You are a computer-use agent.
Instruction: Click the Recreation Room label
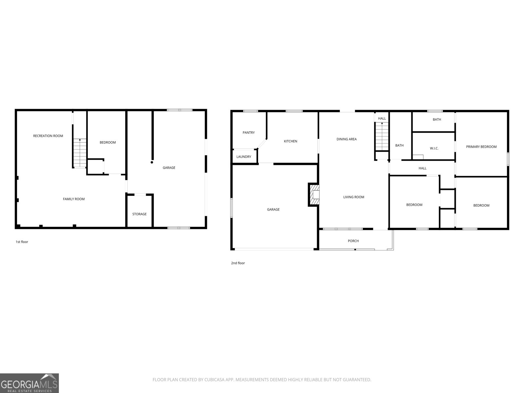click(48, 136)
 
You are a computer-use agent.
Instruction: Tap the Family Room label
click(74, 199)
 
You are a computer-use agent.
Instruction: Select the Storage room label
click(139, 214)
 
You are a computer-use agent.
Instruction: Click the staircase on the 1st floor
click(80, 153)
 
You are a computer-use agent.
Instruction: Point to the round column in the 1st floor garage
click(152, 162)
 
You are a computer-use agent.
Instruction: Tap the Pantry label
click(249, 133)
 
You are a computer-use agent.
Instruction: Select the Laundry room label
click(244, 157)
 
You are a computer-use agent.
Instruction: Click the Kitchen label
click(290, 141)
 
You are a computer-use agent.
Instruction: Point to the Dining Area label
click(346, 139)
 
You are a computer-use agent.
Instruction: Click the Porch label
click(353, 241)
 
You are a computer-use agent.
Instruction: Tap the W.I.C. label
click(434, 148)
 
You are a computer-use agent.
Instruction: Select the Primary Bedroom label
click(481, 147)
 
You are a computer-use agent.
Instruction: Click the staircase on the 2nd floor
click(382, 136)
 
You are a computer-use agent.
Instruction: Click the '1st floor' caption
click(22, 242)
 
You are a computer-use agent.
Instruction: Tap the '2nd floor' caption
click(238, 263)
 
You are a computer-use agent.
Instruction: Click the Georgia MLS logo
click(29, 383)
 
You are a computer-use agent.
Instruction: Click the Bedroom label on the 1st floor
click(108, 142)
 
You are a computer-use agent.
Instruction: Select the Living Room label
click(354, 197)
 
